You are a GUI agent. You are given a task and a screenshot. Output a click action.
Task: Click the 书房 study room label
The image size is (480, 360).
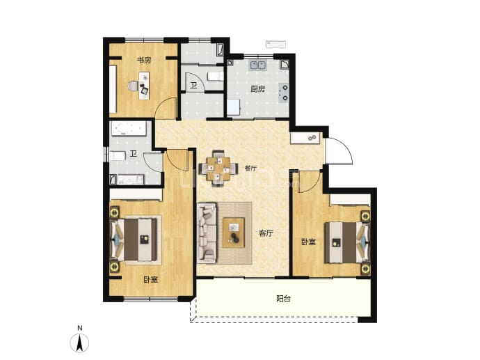[x=143, y=60]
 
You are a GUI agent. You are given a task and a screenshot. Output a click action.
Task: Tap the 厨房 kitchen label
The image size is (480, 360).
[x=258, y=89]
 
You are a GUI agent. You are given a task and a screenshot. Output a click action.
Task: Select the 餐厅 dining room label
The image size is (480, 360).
[x=250, y=169]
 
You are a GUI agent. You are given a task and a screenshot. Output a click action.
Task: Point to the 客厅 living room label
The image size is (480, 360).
[x=266, y=233]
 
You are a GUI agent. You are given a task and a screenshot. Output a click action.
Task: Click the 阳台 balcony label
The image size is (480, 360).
[x=283, y=299]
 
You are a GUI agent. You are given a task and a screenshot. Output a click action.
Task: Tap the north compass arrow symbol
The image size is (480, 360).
[x=79, y=343]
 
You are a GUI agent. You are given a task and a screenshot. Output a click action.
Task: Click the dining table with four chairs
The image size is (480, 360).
[x=218, y=169]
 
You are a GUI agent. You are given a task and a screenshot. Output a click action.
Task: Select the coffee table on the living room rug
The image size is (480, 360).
[x=234, y=233]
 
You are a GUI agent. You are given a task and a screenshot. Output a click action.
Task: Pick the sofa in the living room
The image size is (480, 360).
[x=207, y=233]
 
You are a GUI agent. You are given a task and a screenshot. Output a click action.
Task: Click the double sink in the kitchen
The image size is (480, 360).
[x=258, y=65]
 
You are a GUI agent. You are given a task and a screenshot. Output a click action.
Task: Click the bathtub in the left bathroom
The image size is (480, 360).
[x=129, y=129]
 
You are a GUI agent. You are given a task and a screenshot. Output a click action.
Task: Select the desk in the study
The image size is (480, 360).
[x=144, y=86]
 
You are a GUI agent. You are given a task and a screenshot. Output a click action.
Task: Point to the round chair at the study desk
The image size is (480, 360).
[x=133, y=86]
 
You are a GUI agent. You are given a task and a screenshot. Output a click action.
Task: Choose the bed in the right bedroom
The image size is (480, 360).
[x=347, y=242]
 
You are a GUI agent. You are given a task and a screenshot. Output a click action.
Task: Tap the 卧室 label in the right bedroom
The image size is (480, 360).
[x=308, y=242]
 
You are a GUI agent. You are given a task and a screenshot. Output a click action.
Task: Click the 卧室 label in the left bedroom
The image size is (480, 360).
[x=151, y=279]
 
